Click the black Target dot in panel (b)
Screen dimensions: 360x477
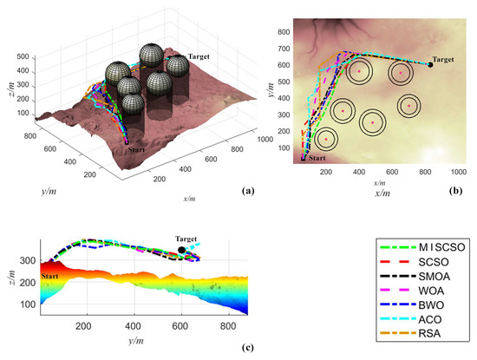pyautogui.click(x=429, y=64)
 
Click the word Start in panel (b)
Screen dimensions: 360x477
pyautogui.click(x=318, y=159)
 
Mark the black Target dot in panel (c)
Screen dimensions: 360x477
pyautogui.click(x=181, y=251)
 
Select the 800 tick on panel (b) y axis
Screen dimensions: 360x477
pyautogui.click(x=284, y=31)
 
